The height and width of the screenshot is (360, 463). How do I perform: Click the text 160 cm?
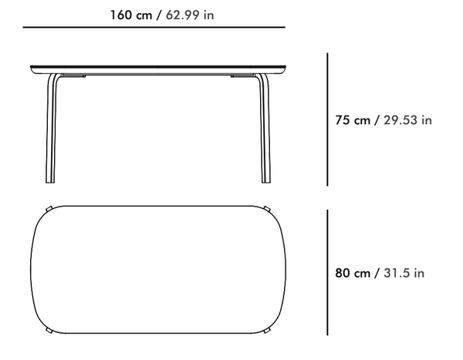tap(131, 15)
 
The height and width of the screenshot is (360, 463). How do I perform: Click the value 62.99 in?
tap(190, 15)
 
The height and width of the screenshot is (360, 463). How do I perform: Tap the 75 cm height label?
tap(353, 120)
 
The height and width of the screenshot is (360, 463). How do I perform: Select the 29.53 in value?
tap(407, 120)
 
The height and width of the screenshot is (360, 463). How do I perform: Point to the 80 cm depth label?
tap(353, 273)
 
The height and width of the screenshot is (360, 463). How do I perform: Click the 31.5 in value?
tap(404, 273)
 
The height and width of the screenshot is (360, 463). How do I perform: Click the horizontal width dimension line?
tap(154, 27)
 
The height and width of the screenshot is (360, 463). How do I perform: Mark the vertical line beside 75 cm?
tap(327, 119)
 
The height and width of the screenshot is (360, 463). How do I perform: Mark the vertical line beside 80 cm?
tap(327, 273)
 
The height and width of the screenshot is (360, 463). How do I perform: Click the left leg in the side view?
tap(51, 130)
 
